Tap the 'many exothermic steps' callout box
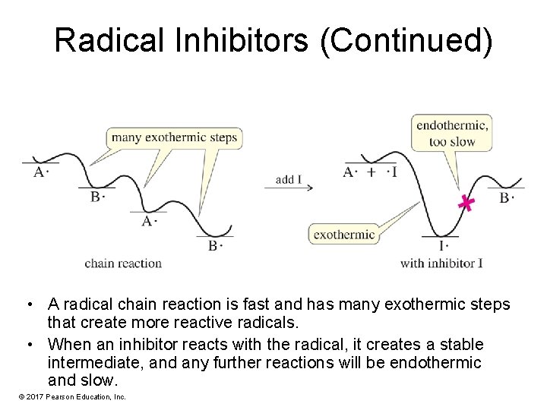point(174,137)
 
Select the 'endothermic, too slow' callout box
point(452,132)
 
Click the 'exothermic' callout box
point(344,235)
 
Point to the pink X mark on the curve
point(466,203)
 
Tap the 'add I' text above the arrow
point(289,180)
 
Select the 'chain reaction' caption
point(123,263)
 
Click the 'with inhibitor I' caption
point(441,263)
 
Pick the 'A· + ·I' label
point(370,172)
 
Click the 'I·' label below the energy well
point(444,245)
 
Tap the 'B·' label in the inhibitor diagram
point(507,198)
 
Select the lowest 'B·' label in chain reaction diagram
point(216,245)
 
